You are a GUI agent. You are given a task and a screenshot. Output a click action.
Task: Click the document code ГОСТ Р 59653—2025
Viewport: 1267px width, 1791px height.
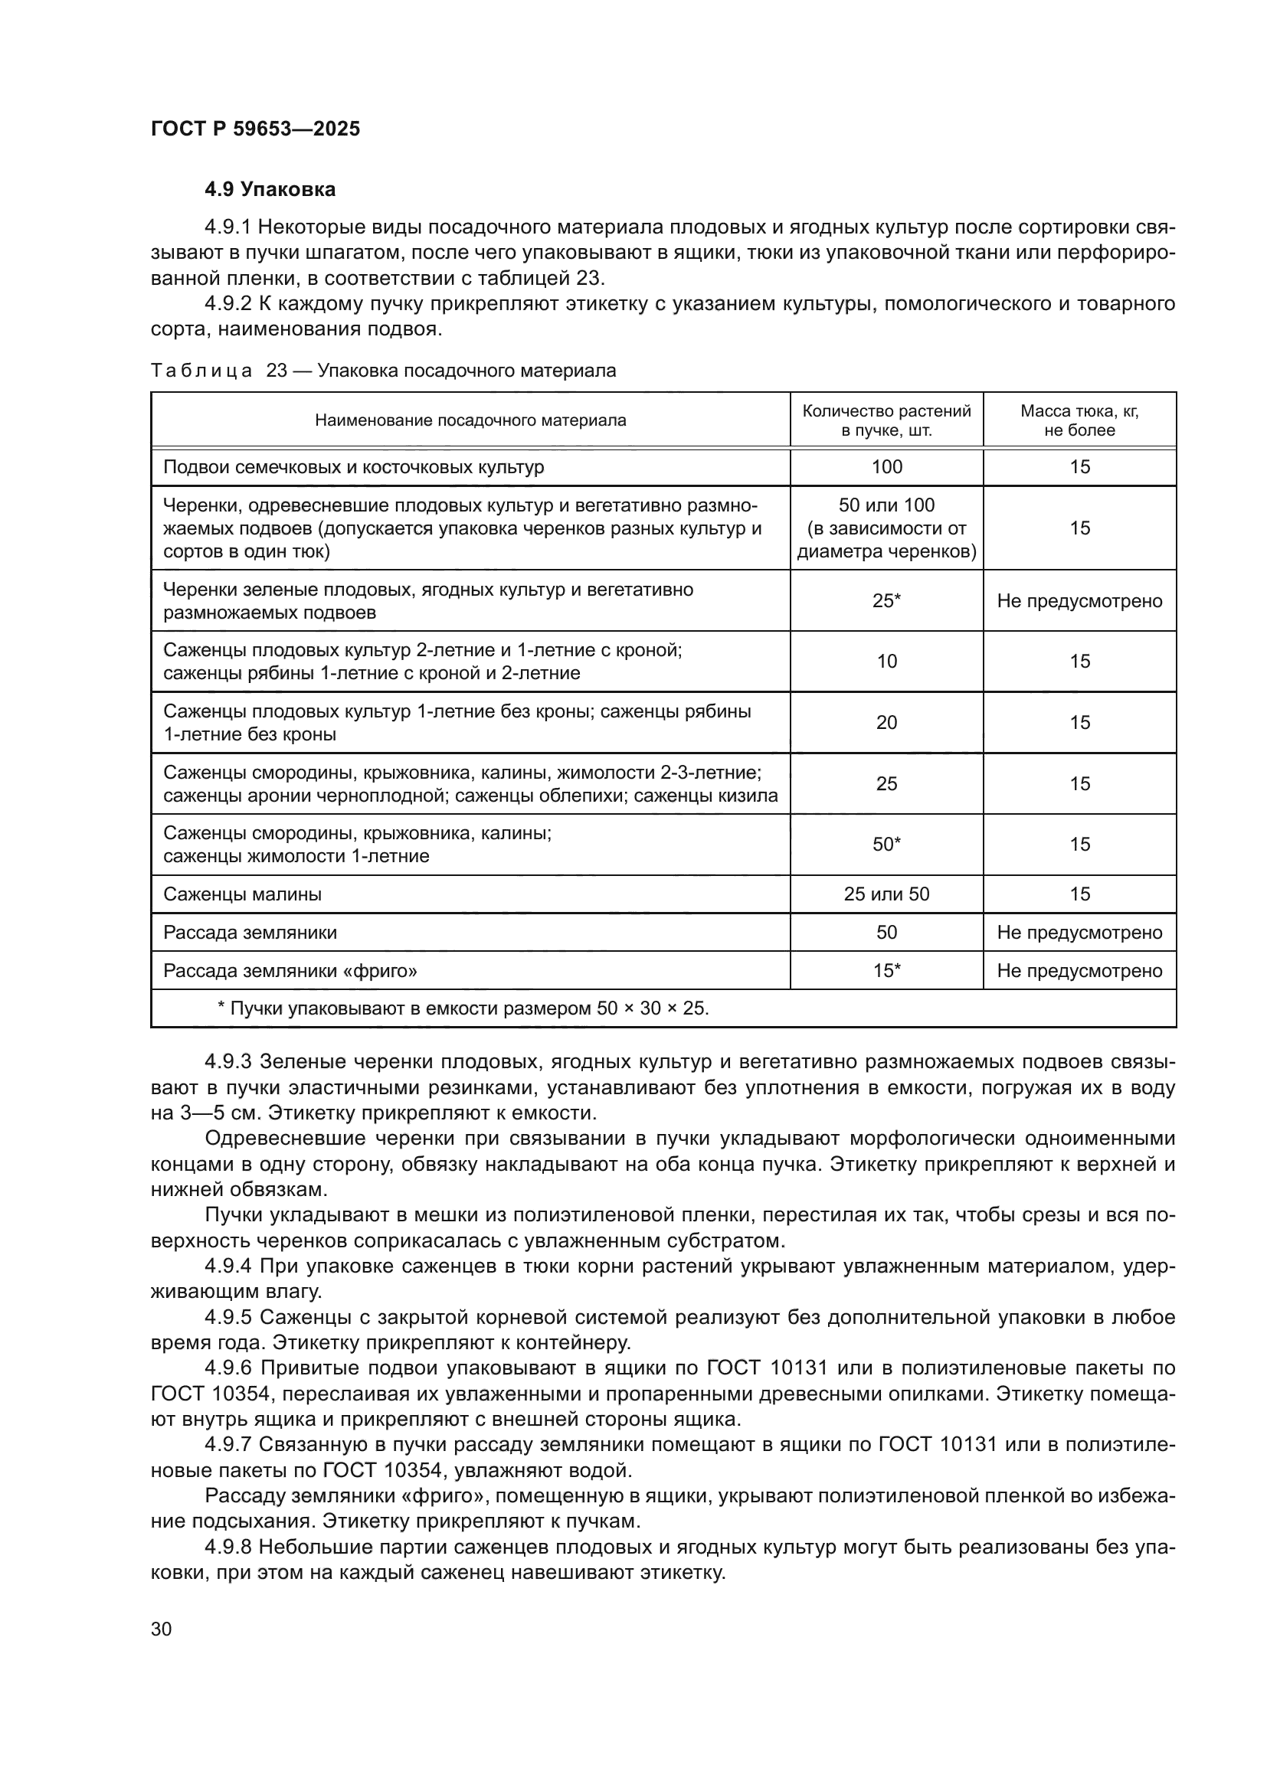click(255, 129)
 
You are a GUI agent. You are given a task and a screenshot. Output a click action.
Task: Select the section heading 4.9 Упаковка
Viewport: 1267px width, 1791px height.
click(270, 190)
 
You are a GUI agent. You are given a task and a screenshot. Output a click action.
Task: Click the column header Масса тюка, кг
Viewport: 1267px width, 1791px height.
click(1079, 420)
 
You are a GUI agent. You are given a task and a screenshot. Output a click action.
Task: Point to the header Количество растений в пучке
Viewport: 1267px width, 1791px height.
click(886, 420)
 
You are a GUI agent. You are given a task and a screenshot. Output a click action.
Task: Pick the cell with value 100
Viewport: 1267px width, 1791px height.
click(886, 466)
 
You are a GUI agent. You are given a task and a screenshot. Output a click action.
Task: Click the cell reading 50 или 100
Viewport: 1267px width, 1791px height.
click(886, 505)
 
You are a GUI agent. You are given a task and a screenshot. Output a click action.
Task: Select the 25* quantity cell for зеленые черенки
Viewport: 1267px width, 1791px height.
click(886, 600)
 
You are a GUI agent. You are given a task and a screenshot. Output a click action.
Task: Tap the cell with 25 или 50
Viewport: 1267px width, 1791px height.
click(886, 894)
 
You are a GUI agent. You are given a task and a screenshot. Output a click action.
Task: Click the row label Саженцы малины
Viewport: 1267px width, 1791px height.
click(243, 894)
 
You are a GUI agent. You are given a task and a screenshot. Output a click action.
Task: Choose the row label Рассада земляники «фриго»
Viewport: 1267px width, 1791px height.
click(290, 970)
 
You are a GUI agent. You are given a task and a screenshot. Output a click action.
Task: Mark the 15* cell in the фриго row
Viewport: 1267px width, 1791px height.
click(886, 970)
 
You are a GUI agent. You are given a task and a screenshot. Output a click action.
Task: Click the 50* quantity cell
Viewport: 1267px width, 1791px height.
click(886, 844)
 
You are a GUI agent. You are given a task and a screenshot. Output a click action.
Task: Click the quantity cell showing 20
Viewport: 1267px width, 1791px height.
click(886, 722)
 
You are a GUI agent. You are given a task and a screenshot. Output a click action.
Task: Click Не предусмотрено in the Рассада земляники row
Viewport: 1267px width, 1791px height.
click(1079, 932)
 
